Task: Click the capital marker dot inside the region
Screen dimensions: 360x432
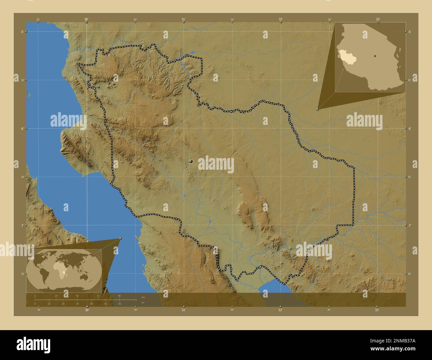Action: pyautogui.click(x=191, y=161)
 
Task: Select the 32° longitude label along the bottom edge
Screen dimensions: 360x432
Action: pyautogui.click(x=280, y=310)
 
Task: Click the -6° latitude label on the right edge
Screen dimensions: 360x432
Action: pyautogui.click(x=410, y=129)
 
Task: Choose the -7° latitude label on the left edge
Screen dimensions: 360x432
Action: pyautogui.click(x=22, y=225)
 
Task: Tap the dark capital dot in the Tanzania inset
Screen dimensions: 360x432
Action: pyautogui.click(x=375, y=56)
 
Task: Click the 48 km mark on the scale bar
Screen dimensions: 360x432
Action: pyautogui.click(x=77, y=296)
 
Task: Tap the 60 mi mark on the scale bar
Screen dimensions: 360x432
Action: pyautogui.click(x=120, y=304)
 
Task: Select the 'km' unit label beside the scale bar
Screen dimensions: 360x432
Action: pyautogui.click(x=143, y=297)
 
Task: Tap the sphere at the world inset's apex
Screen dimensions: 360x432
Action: pyautogui.click(x=120, y=238)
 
